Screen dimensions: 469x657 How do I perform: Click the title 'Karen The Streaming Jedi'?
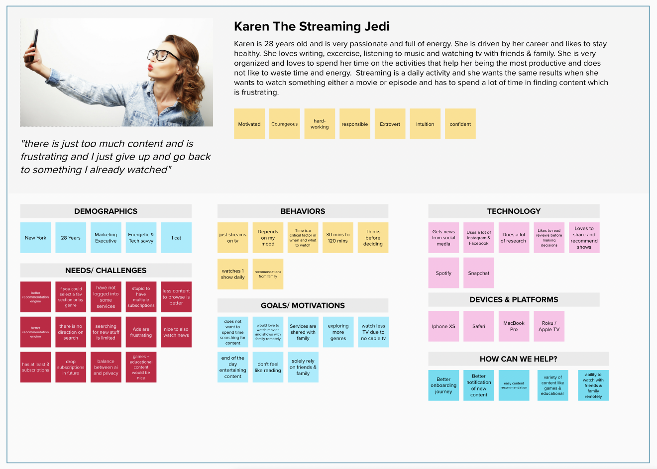tap(312, 26)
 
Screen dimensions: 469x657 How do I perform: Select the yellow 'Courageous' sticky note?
tap(284, 124)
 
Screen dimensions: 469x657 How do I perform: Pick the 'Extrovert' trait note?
tap(390, 124)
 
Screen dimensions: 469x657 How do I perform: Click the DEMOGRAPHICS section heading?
tap(106, 211)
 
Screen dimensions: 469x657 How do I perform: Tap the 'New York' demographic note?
tap(35, 238)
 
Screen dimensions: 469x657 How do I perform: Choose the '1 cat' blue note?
tap(176, 238)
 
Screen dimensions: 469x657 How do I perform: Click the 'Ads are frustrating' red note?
tap(141, 332)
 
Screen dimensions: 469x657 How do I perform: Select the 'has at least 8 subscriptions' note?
tap(35, 367)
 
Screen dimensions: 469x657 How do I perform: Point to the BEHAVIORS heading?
tap(303, 211)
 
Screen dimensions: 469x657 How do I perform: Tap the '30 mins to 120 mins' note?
tap(337, 238)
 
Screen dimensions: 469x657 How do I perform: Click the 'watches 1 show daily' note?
tap(232, 274)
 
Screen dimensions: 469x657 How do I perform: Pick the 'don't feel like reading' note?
tap(268, 367)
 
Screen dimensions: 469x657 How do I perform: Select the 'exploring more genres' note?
tap(338, 332)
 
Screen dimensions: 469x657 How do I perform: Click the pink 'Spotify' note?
tap(443, 273)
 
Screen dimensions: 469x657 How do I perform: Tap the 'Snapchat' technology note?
tap(478, 273)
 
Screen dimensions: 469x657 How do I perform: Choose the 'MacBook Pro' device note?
tap(514, 326)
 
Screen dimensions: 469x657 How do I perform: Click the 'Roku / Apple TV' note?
tap(549, 326)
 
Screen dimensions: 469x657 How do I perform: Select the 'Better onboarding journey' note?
tap(443, 385)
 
